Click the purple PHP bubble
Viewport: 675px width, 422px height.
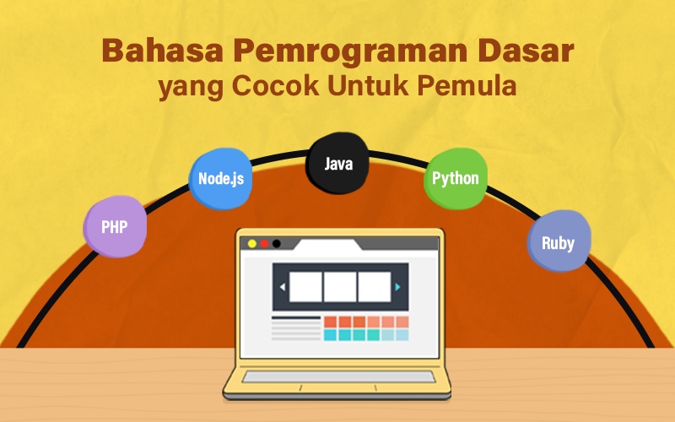[115, 226]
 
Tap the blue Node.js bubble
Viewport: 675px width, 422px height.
[220, 179]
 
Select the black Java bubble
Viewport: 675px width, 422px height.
[337, 163]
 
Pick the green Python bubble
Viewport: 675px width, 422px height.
[456, 178]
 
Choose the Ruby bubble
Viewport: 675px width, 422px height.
[559, 241]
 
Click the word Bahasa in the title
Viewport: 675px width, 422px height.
[163, 51]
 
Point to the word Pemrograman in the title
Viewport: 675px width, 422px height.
[350, 51]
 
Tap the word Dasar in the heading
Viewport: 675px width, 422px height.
[526, 51]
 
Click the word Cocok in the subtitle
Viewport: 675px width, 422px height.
[276, 85]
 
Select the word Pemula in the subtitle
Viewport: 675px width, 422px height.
[467, 85]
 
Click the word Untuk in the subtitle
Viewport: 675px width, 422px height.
[368, 85]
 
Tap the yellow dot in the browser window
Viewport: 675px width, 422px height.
[252, 244]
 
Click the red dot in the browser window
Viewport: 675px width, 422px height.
[264, 244]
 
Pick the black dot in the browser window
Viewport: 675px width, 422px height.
[277, 244]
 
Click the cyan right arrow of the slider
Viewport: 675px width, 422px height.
[397, 287]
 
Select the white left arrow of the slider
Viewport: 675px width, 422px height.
[283, 287]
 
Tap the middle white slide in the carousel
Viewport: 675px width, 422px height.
[340, 287]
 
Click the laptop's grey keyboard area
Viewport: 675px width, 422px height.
[338, 377]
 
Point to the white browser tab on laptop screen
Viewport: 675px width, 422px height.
[328, 246]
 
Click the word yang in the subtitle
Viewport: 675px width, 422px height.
[191, 88]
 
